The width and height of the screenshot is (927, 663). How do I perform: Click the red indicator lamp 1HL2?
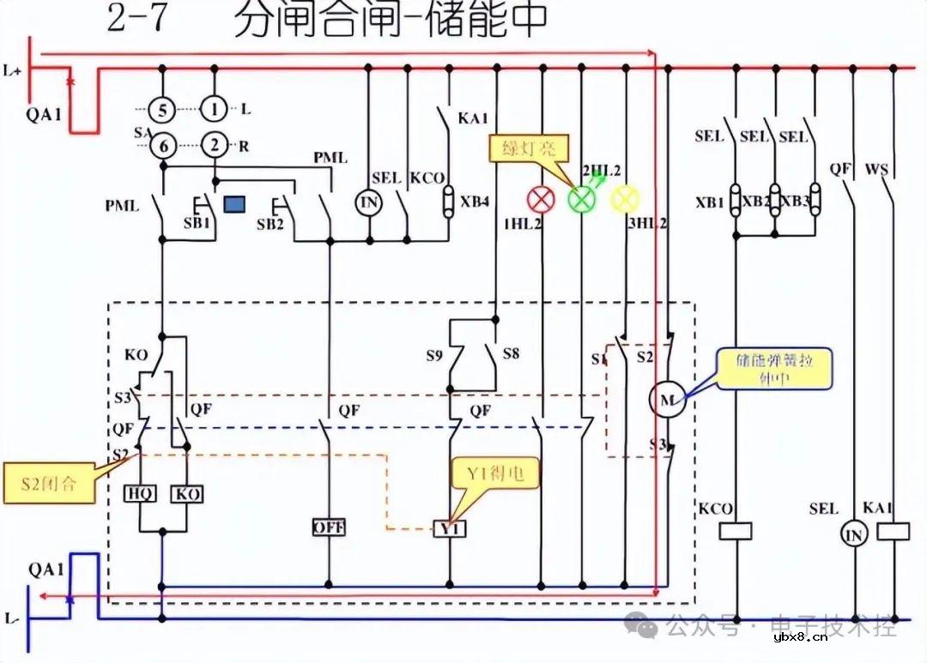point(541,200)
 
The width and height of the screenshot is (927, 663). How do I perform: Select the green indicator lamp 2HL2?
point(581,200)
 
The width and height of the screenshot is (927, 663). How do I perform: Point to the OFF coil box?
point(328,527)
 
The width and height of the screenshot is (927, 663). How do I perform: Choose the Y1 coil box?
point(450,528)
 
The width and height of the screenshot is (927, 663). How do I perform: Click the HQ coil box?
point(139,494)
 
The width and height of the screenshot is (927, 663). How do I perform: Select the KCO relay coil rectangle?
point(735,532)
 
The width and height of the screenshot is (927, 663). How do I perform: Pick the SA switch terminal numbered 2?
point(214,146)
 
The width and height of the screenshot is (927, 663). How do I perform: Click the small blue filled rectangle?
point(233,204)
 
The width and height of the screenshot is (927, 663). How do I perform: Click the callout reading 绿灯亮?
point(530,148)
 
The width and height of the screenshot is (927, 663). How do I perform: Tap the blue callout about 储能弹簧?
point(775,368)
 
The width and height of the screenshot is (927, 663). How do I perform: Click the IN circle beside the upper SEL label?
point(368,202)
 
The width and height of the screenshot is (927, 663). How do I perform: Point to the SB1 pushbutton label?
point(197,225)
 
